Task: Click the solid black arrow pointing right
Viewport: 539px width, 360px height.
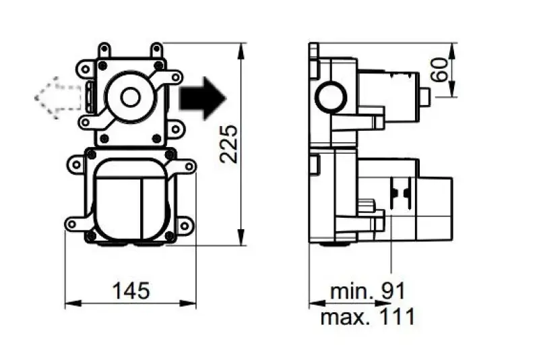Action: [203, 98]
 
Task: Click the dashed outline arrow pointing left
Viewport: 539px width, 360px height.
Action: [57, 98]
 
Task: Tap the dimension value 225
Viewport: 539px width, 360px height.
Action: [229, 143]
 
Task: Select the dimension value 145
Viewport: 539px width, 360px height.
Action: [130, 291]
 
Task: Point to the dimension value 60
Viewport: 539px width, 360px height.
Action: [441, 70]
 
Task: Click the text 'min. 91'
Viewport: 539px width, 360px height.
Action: [368, 291]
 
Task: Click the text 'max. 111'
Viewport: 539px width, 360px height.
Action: [368, 316]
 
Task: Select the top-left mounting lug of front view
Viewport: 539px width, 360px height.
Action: [104, 50]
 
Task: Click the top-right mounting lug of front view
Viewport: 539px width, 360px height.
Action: [156, 50]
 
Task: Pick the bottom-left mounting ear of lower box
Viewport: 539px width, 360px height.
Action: [71, 223]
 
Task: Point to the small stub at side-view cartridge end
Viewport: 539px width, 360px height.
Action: [425, 98]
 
